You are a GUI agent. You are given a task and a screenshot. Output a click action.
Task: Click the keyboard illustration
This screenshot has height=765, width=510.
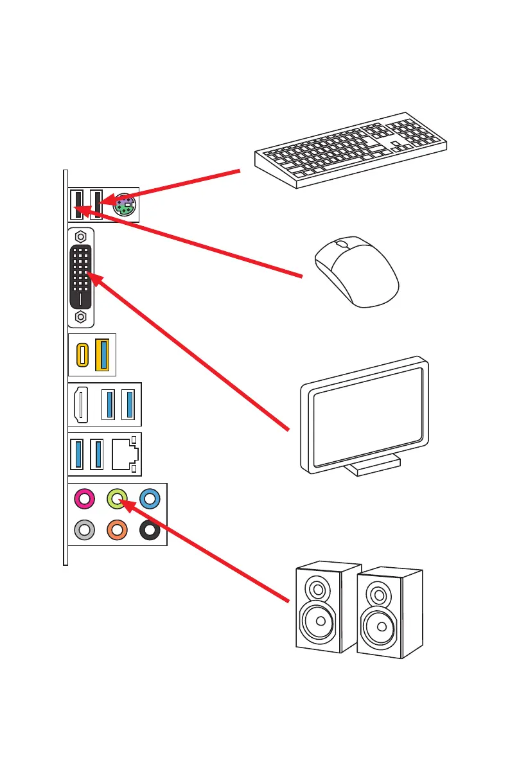(350, 151)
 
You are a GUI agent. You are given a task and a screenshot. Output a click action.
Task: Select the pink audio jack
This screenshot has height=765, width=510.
(85, 498)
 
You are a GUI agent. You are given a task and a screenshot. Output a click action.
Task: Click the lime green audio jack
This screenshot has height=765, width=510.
(116, 497)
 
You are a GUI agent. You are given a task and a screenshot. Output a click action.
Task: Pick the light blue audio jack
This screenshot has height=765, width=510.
(149, 498)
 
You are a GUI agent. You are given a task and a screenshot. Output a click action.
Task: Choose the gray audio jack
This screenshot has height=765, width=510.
(85, 531)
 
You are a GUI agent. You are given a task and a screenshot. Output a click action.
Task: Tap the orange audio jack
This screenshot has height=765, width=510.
(116, 531)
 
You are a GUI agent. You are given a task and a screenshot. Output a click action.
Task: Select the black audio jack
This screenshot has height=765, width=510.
(149, 531)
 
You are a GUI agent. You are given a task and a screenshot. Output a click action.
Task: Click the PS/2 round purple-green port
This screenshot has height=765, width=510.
(125, 206)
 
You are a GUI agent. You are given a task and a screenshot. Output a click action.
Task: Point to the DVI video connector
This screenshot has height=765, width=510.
(81, 276)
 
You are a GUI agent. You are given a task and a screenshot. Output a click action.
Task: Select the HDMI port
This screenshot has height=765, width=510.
(81, 405)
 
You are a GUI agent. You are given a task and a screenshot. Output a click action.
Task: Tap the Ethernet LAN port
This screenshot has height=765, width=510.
(124, 455)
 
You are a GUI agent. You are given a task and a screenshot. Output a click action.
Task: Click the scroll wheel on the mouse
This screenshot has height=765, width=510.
(342, 245)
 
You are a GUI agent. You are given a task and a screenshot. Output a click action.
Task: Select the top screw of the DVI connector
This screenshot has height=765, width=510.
(81, 236)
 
